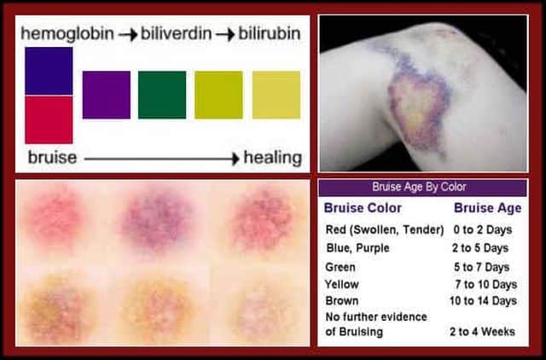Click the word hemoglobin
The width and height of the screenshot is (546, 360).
pos(67,34)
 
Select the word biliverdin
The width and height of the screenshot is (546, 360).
pos(177,33)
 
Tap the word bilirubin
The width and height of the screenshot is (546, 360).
pos(270,33)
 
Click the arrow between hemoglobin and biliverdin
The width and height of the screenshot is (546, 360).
pos(127,34)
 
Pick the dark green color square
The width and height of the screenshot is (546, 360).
pos(162,95)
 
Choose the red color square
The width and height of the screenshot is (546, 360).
pos(49,119)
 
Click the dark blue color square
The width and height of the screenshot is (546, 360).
pos(49,71)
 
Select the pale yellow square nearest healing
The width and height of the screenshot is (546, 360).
pos(276,95)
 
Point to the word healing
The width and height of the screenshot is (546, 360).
pos(273,157)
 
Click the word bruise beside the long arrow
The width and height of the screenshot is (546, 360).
pos(52,157)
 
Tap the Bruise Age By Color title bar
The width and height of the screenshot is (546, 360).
pos(423,188)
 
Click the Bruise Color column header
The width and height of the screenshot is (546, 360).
pos(363,208)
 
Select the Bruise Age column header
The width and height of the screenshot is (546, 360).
pos(488,208)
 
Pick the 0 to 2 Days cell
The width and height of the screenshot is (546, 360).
pos(483,229)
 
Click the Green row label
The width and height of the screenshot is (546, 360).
pos(340,267)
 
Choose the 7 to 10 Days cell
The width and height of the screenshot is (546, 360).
pos(486,284)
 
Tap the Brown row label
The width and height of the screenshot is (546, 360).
pos(341,300)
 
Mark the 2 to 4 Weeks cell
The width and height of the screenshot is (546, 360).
pos(482,332)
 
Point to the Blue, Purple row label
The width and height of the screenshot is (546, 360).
pos(358,248)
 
